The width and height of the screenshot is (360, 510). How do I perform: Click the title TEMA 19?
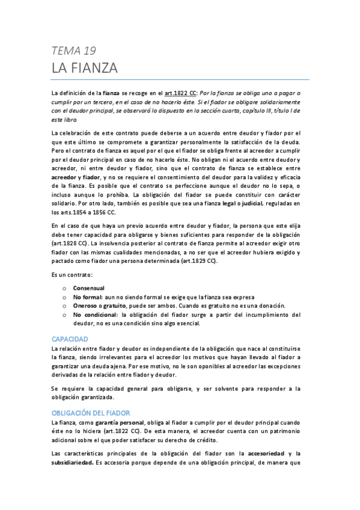coord(74,51)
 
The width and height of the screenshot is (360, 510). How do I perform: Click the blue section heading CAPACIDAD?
coord(70,339)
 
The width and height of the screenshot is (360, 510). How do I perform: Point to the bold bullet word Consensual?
coord(88,288)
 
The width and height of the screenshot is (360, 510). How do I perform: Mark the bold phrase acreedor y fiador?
coord(75,178)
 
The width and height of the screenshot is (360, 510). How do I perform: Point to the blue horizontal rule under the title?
coord(180,79)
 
